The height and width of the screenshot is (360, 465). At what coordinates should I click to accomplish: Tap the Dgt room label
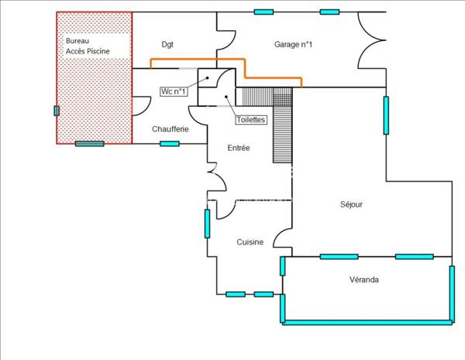167,44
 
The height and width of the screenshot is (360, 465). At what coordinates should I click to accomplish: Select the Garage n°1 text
293,44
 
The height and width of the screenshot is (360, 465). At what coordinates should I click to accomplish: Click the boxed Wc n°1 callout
174,91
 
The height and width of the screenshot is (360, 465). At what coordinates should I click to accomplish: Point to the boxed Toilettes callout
251,120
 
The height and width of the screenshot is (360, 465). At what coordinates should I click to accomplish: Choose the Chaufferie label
170,129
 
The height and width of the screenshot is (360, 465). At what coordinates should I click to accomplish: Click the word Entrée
238,148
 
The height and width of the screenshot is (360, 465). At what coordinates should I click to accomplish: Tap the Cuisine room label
250,242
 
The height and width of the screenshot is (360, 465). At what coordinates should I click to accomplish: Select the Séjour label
351,205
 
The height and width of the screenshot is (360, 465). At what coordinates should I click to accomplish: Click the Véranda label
363,279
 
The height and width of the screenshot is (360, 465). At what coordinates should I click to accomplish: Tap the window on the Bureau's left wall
56,111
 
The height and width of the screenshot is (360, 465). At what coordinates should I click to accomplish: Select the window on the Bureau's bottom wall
90,143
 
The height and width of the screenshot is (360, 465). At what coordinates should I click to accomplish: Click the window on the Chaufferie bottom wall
170,143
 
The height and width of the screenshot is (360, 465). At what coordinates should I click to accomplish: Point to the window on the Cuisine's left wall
207,223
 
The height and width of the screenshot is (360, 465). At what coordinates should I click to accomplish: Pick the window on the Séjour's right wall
385,115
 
